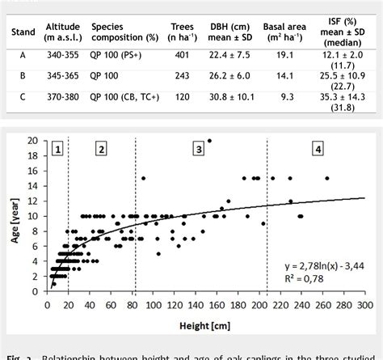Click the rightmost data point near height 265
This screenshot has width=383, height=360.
[326, 178]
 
